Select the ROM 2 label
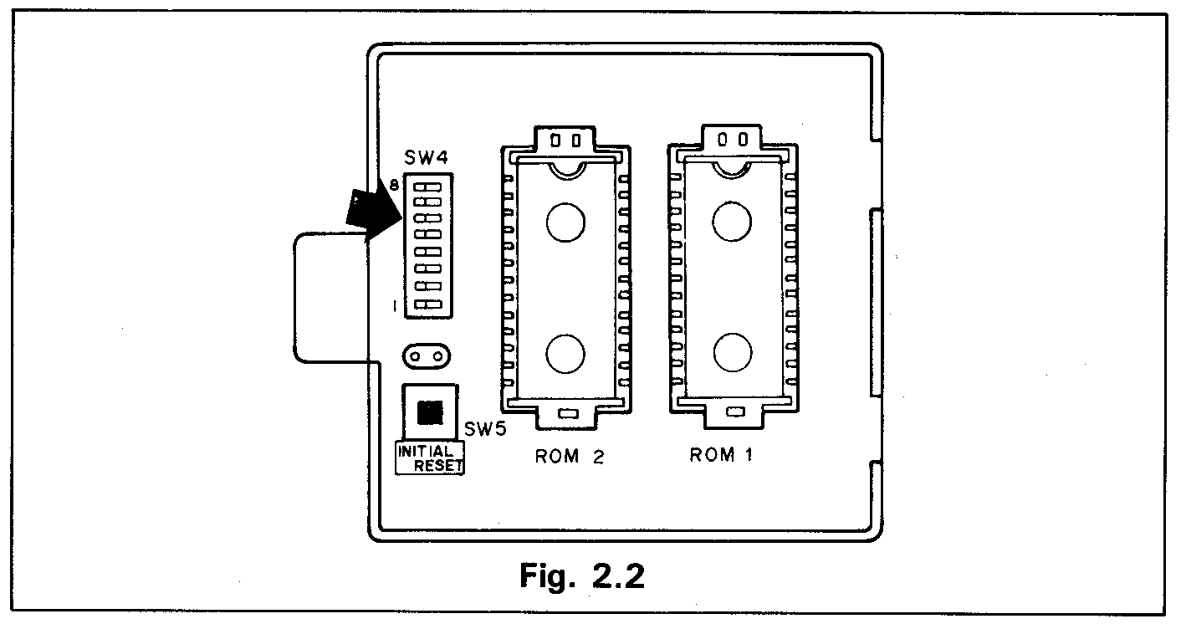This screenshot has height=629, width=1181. pyautogui.click(x=569, y=457)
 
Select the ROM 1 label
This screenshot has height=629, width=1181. pyautogui.click(x=724, y=455)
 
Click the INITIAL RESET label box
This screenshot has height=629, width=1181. pyautogui.click(x=430, y=458)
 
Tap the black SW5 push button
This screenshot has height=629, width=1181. pyautogui.click(x=429, y=412)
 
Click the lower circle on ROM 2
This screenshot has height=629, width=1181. pyautogui.click(x=566, y=353)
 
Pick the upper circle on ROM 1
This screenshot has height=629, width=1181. pyautogui.click(x=731, y=221)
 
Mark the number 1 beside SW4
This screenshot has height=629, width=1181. pyautogui.click(x=394, y=307)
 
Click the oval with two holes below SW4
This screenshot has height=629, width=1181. pyautogui.click(x=427, y=355)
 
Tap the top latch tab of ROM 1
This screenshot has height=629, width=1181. pyautogui.click(x=732, y=138)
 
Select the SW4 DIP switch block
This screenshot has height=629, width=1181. pyautogui.click(x=427, y=245)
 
